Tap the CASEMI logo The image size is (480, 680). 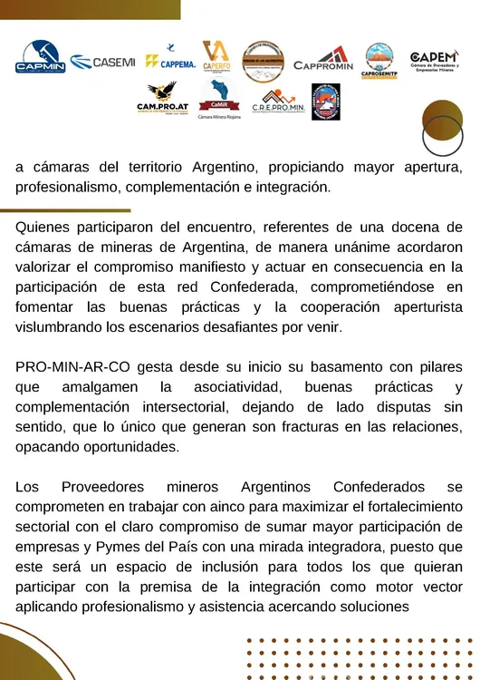point(102,62)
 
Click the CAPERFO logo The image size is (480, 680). point(216,56)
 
